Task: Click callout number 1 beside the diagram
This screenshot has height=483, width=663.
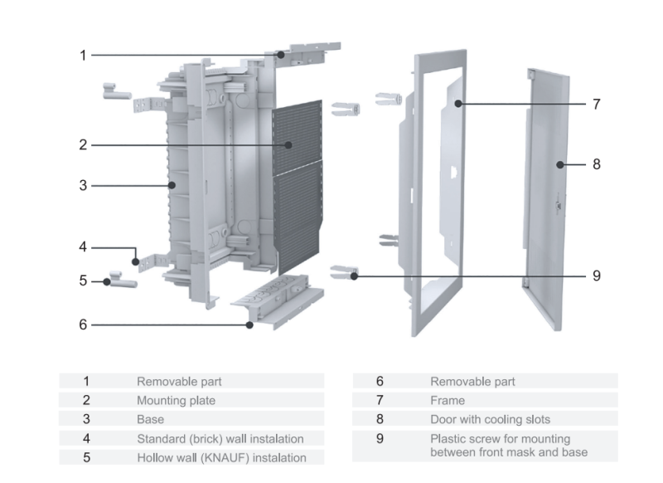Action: [83, 56]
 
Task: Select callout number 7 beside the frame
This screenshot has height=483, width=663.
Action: [596, 105]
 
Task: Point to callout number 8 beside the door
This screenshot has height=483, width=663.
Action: [596, 164]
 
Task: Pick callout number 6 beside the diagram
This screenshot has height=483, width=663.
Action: [83, 324]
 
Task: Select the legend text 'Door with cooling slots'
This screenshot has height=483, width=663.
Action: [490, 419]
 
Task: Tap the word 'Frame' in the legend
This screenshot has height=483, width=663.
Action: [447, 400]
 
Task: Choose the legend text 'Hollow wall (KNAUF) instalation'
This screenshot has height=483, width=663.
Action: [221, 457]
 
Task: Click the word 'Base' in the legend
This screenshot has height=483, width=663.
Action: [150, 419]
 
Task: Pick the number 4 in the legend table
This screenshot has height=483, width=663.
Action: [85, 438]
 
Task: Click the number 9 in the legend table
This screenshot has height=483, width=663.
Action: [380, 438]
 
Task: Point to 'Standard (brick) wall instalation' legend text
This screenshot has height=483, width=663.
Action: [220, 438]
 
